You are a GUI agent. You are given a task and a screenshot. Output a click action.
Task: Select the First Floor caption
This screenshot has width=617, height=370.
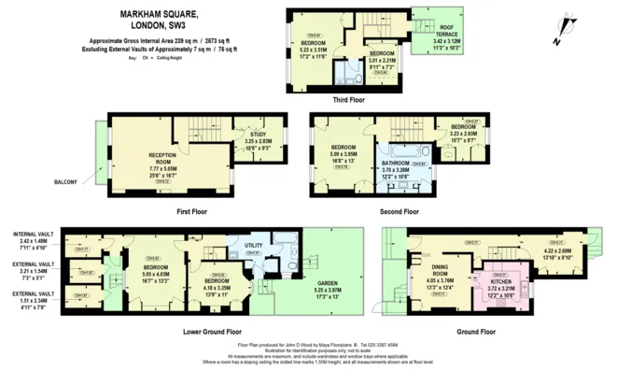pyautogui.click(x=190, y=211)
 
